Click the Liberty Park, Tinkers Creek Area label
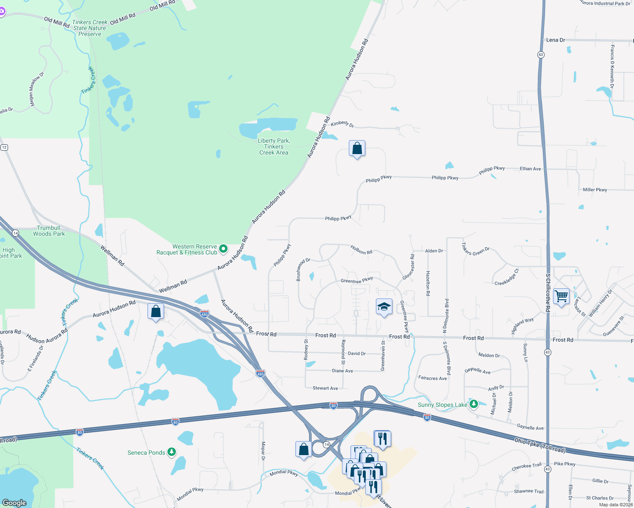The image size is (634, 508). (274, 146)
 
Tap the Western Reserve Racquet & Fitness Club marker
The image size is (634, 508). (223, 249)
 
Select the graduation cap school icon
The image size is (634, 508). (384, 307)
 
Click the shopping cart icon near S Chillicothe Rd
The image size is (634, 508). (561, 296)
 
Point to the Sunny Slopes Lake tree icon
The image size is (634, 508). (474, 404)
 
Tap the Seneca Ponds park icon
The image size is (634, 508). (172, 452)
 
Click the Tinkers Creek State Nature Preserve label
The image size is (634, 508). (90, 28)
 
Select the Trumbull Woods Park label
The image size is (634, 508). (49, 231)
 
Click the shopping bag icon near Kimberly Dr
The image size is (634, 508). (357, 149)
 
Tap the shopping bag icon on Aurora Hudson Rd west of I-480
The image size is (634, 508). (156, 312)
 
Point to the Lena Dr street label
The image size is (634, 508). (556, 40)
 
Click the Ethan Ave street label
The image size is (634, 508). (531, 168)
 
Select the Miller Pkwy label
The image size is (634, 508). (595, 190)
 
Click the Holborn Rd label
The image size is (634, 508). (361, 250)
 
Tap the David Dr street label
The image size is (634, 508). (357, 353)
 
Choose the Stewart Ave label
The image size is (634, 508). (325, 388)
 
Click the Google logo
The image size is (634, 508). (14, 502)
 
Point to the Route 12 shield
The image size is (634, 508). (4, 147)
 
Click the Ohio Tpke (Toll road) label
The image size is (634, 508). (540, 445)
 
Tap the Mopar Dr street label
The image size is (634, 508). (263, 451)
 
